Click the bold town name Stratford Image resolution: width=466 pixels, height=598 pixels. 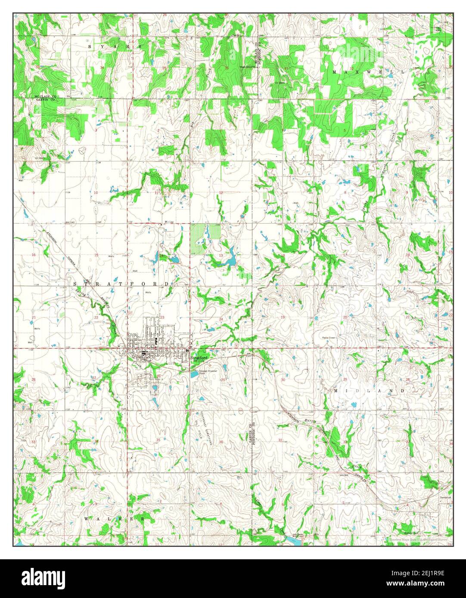click(199, 358)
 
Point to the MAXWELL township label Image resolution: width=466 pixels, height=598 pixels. click(369, 72)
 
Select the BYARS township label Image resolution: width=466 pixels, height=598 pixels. click(115, 46)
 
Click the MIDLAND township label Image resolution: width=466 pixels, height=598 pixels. click(369, 391)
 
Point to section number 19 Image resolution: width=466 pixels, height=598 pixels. click(283, 317)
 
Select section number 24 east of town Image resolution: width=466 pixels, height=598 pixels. click(221, 319)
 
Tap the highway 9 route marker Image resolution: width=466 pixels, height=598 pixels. click(237, 345)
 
